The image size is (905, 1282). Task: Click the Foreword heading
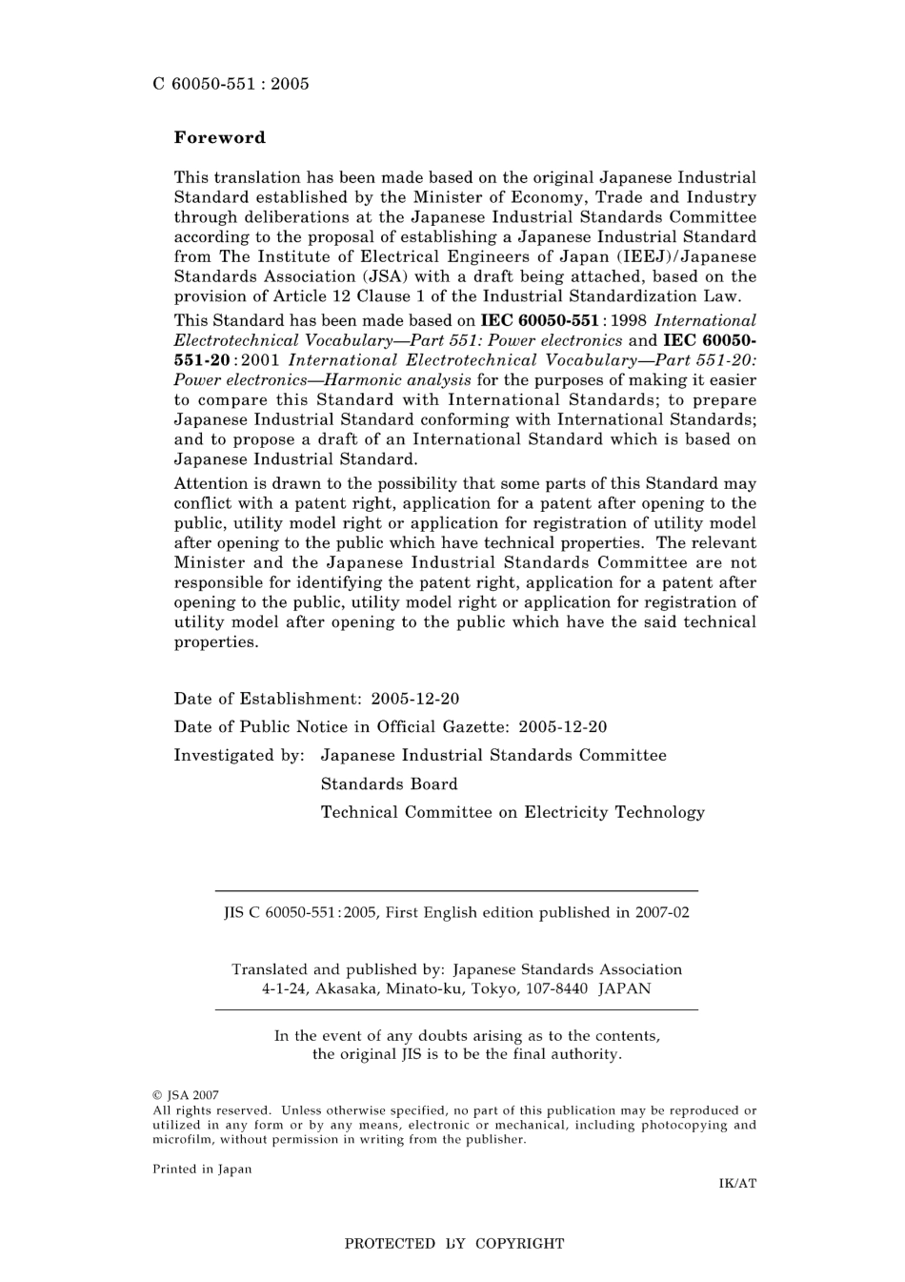click(x=219, y=137)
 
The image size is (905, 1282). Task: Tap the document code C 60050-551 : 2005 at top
click(x=231, y=84)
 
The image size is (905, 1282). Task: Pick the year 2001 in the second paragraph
click(x=260, y=360)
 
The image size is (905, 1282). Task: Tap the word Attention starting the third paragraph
click(x=211, y=484)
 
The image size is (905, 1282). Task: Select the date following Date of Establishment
click(x=415, y=699)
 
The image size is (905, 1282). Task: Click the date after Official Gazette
click(x=563, y=727)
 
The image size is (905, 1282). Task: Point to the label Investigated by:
click(x=239, y=756)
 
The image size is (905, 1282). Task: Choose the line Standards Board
click(x=389, y=784)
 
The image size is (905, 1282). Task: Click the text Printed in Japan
click(x=202, y=1170)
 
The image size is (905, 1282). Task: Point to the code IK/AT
click(x=736, y=1184)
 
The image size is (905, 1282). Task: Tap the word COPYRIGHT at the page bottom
click(x=519, y=1244)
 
